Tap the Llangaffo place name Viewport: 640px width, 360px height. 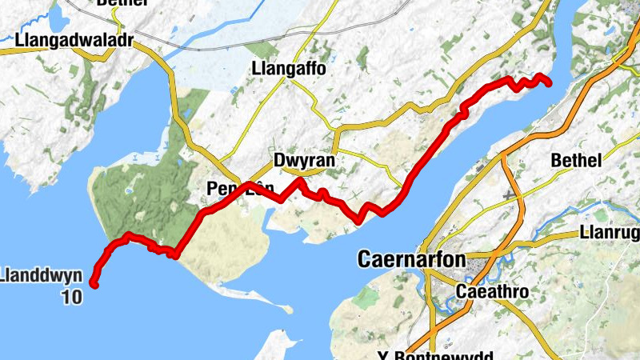(288, 69)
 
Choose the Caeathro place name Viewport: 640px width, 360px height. (492, 292)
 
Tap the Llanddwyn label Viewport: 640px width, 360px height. (42, 277)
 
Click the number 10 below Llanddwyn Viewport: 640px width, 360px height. (71, 298)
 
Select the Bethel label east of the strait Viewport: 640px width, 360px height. (576, 161)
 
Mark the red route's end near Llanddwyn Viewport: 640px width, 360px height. (94, 283)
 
